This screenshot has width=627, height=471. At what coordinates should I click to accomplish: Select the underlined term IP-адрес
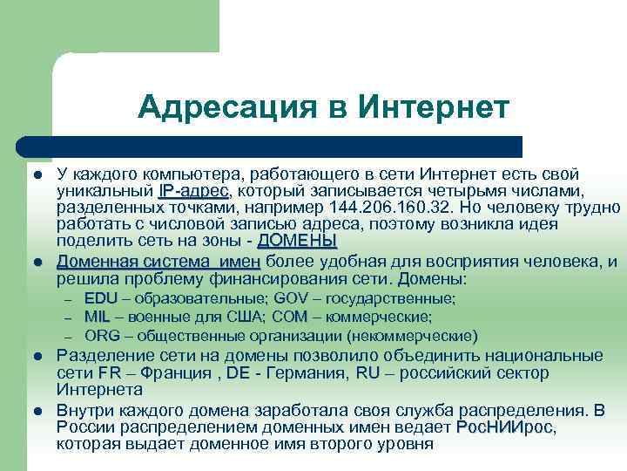[194, 191]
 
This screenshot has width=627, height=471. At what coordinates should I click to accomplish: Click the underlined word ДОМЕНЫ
[297, 241]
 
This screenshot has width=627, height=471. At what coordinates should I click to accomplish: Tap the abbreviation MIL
[97, 317]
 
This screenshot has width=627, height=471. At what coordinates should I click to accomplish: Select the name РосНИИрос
[504, 427]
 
